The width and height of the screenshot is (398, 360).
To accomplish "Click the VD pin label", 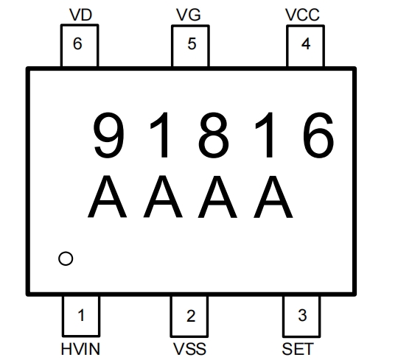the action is click(80, 15).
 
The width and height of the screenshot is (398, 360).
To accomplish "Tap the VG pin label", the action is click(189, 15).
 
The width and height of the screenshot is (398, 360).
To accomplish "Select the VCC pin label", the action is click(302, 15).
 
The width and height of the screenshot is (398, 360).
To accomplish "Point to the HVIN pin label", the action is click(80, 349).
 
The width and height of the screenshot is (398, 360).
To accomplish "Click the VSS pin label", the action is click(189, 349).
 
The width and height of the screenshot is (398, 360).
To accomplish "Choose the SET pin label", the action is click(298, 349).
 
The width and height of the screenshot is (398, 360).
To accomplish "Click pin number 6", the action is click(77, 43).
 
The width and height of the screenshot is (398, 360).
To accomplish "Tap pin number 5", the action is click(192, 43).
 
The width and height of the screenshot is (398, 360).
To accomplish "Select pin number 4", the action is click(306, 44).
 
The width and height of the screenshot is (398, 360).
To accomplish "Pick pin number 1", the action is click(81, 315).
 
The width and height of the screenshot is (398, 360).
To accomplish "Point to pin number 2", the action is click(191, 316).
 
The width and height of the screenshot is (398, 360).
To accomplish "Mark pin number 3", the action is click(302, 315).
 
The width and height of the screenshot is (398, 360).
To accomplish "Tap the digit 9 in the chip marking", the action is click(109, 135).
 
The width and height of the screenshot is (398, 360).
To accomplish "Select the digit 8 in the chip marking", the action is click(214, 135).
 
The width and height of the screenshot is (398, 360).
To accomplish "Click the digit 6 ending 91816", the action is click(318, 135).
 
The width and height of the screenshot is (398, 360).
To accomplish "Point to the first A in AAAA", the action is click(107, 197).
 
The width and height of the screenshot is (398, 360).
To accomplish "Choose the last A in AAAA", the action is click(273, 197).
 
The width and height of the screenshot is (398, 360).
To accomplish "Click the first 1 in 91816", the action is click(159, 135).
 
